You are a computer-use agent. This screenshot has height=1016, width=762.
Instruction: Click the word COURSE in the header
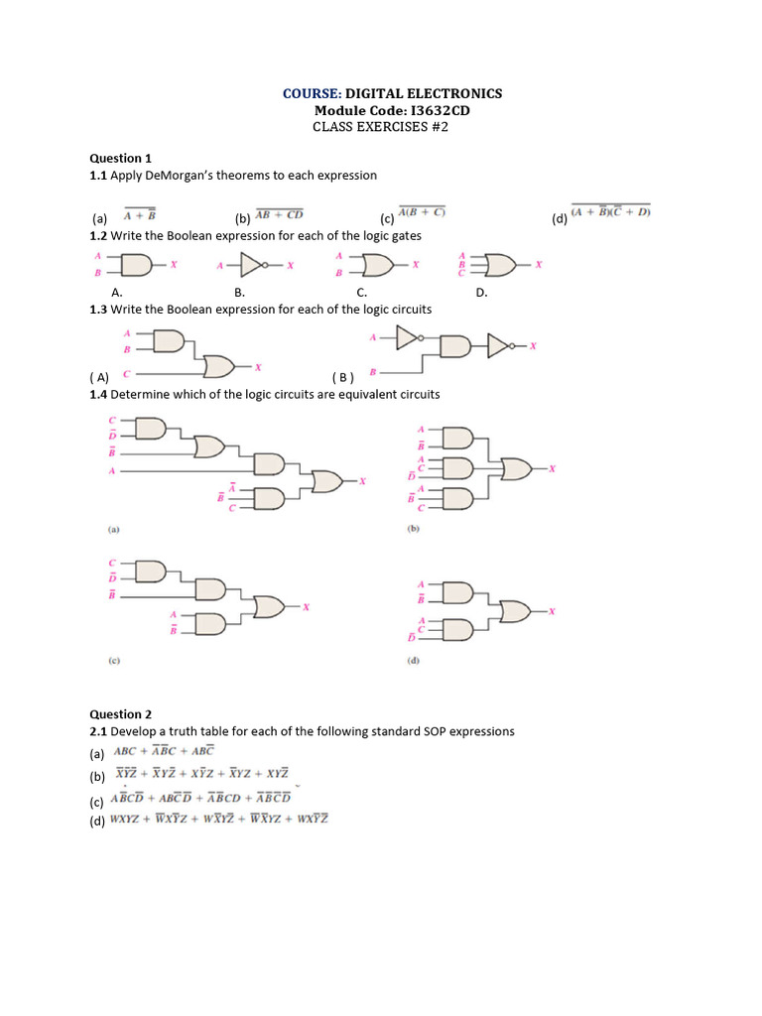pos(311,93)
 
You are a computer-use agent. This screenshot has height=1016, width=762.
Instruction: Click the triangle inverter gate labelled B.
pos(255,265)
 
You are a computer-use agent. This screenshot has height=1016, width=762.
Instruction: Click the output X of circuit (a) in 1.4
pos(363,481)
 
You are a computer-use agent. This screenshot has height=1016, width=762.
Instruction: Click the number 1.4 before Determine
pos(98,394)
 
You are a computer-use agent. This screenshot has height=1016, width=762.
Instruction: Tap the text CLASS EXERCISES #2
pos(381,127)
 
